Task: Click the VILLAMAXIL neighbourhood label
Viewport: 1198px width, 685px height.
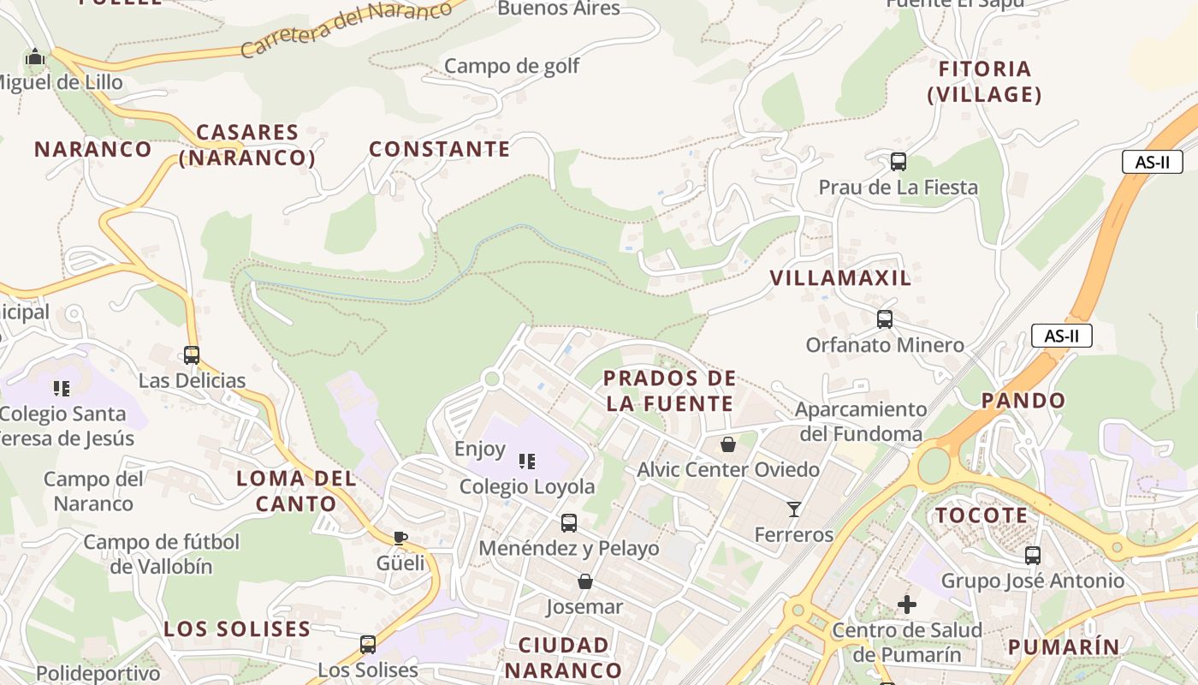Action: pos(840,277)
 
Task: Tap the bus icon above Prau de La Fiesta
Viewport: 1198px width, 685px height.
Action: pos(898,161)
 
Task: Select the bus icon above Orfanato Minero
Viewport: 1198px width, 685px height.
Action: pos(885,319)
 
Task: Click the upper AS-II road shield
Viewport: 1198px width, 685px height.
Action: pos(1152,162)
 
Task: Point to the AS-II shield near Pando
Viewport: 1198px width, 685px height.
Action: pos(1061,336)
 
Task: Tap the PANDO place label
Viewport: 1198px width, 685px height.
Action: pos(1023,400)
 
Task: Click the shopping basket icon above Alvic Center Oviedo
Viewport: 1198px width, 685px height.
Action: pos(727,444)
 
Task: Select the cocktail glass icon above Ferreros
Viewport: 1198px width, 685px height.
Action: pos(794,509)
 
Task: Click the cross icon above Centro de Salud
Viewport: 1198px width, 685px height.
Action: pos(907,605)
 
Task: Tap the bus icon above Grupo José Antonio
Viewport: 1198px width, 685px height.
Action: pos(1033,556)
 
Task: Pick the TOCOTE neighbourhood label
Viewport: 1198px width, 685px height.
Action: pos(981,515)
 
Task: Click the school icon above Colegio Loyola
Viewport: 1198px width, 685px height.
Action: pos(527,462)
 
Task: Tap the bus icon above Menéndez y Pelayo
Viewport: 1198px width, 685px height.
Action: pos(569,522)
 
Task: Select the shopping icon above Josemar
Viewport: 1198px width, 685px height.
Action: pos(585,581)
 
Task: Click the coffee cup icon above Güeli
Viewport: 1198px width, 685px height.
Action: pos(400,538)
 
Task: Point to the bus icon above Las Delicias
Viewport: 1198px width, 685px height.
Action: pos(192,354)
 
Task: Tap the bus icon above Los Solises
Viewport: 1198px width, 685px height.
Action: pos(368,644)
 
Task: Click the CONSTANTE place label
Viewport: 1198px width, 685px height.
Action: pos(439,149)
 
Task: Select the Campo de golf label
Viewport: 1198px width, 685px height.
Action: pos(512,66)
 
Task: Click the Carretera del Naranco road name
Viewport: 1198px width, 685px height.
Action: pos(346,28)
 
